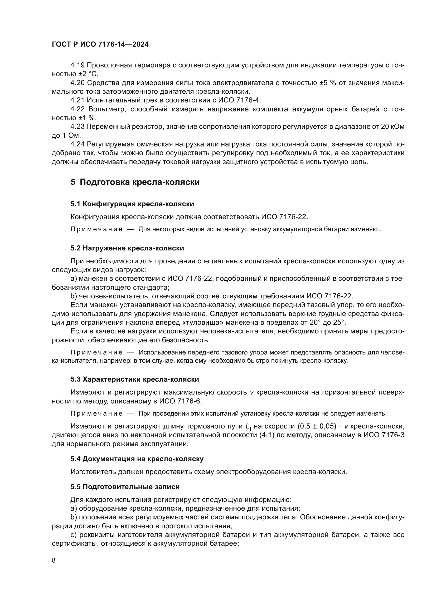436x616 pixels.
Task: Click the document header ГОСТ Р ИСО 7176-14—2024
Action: click(100, 45)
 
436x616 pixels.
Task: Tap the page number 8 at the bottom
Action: click(54, 560)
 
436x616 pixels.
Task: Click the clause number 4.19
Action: click(77, 65)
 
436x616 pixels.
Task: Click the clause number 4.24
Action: click(77, 144)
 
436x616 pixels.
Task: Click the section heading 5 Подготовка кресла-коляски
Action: click(135, 182)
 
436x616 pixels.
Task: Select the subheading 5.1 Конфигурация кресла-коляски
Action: click(132, 204)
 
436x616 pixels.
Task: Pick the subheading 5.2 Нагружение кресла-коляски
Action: click(127, 248)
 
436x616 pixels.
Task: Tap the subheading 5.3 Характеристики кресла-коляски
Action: click(134, 379)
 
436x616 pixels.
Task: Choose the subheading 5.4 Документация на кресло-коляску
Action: click(137, 459)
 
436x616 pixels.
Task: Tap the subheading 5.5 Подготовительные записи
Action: click(125, 487)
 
